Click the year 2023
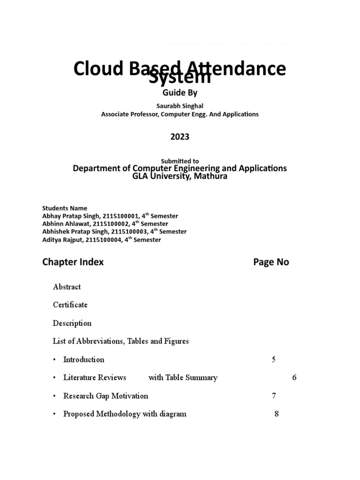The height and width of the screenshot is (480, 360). pyautogui.click(x=180, y=136)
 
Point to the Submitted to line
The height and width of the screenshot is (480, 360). pyautogui.click(x=180, y=161)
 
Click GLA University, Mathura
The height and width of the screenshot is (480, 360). pyautogui.click(x=180, y=177)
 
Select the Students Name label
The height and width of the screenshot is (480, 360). pyautogui.click(x=65, y=208)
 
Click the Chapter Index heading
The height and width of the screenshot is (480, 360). pyautogui.click(x=73, y=262)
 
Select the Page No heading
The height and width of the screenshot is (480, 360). pyautogui.click(x=271, y=262)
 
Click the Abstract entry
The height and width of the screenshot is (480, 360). pyautogui.click(x=67, y=287)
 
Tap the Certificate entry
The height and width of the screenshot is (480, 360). pyautogui.click(x=70, y=305)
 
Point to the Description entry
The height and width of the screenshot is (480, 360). pyautogui.click(x=72, y=323)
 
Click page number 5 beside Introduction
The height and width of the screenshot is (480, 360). pyautogui.click(x=274, y=360)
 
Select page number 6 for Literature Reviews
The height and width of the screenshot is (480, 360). pyautogui.click(x=294, y=378)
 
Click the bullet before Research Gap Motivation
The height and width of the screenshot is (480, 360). pyautogui.click(x=55, y=396)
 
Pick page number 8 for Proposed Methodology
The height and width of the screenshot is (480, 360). pyautogui.click(x=277, y=414)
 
